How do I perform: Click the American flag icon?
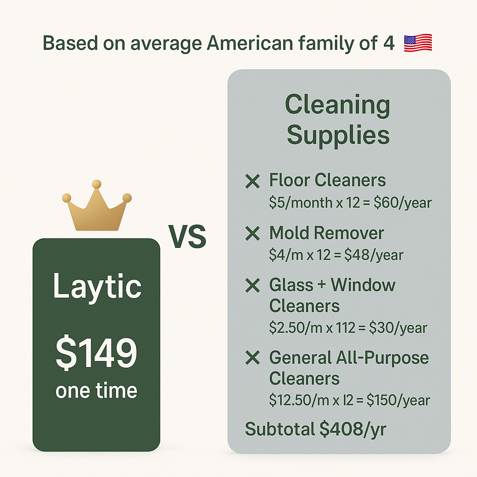tap(418, 43)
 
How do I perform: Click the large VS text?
tap(187, 236)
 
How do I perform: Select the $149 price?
tap(96, 352)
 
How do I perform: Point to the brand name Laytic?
tap(97, 286)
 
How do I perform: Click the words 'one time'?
tap(96, 391)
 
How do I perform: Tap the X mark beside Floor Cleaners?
tap(252, 181)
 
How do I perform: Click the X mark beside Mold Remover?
tap(252, 234)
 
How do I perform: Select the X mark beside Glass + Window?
tap(252, 286)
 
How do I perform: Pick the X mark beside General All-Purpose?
tap(252, 357)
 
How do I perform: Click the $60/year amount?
tap(402, 203)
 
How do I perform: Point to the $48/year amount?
tap(374, 255)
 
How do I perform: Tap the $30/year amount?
tap(398, 328)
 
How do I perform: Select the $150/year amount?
tap(398, 400)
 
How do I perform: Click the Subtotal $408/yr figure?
tap(315, 429)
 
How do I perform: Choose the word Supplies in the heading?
tap(338, 136)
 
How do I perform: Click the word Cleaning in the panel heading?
tap(338, 105)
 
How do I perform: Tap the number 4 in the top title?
tap(389, 43)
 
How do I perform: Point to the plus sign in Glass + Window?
tap(321, 285)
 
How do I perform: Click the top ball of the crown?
tap(97, 184)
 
